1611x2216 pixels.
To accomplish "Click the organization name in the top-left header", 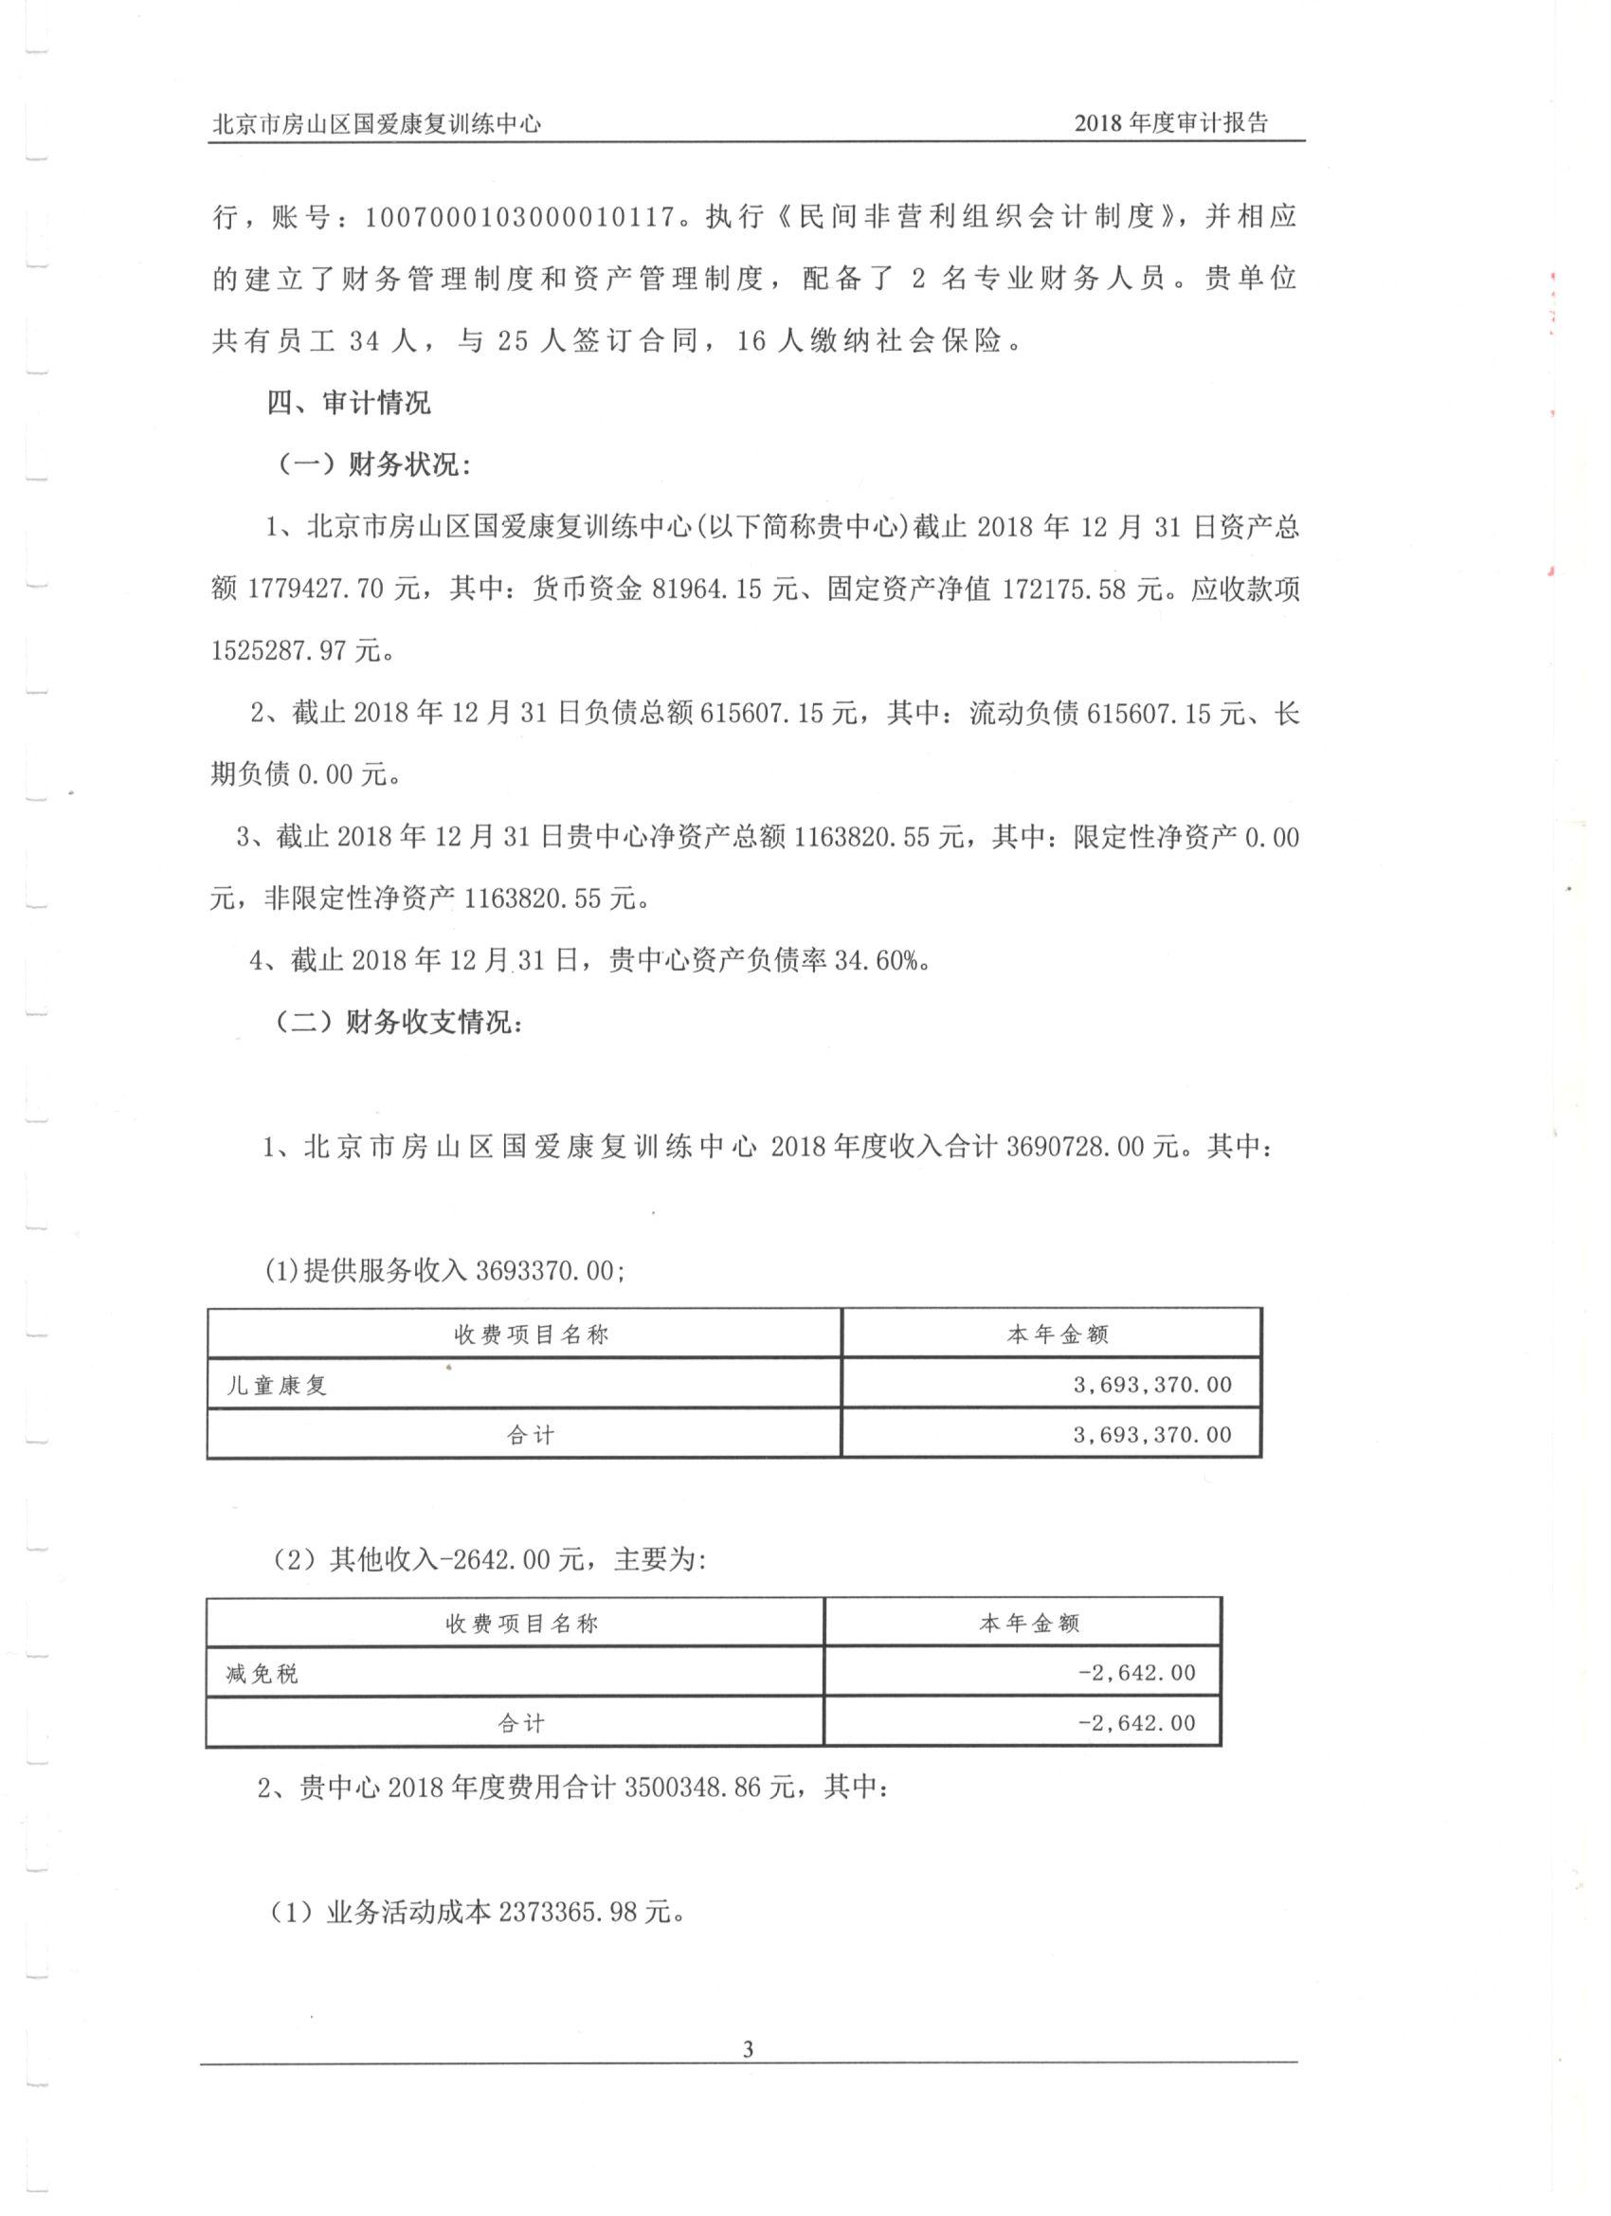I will [377, 124].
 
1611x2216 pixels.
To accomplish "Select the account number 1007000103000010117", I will [522, 217].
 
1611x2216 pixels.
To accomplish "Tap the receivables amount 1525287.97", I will [280, 651].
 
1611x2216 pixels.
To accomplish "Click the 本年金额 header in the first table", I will [1057, 1335].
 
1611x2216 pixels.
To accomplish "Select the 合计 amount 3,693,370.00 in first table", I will [1151, 1435].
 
